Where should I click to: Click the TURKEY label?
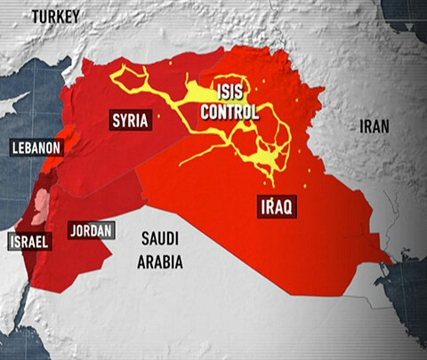tap(55, 15)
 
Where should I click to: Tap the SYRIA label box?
tap(130, 119)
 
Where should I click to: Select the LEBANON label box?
tap(36, 148)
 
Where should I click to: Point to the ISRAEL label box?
tap(29, 241)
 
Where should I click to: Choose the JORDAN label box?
tap(91, 230)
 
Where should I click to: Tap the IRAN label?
tap(375, 126)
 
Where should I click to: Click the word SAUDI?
tap(160, 239)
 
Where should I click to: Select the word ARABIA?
tap(160, 261)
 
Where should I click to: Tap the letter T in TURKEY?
tap(35, 15)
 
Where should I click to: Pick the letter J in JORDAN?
tap(72, 230)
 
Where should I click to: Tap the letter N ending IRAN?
tap(387, 126)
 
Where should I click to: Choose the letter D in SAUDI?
tap(172, 239)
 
